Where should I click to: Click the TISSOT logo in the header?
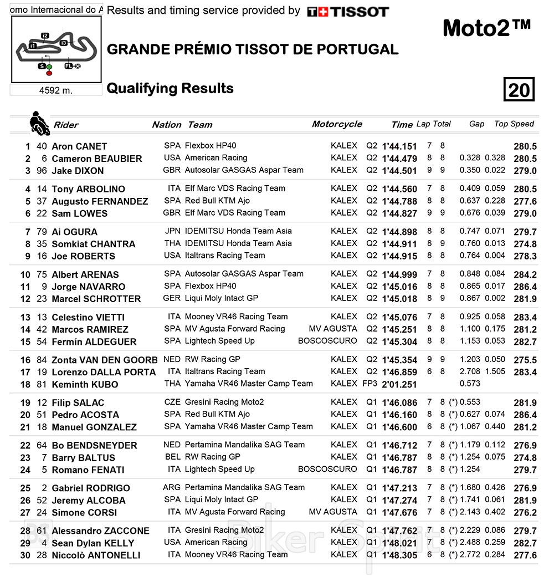(x=348, y=11)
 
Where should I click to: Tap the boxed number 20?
(x=519, y=89)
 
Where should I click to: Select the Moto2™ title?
(x=487, y=29)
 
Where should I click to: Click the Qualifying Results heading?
(x=170, y=89)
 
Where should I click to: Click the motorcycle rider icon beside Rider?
(x=39, y=123)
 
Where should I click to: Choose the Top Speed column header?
(x=514, y=124)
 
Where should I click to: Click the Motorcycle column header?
(x=337, y=124)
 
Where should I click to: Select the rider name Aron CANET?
(x=79, y=146)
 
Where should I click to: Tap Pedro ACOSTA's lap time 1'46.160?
(x=399, y=415)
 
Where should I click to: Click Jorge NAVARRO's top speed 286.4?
(x=525, y=287)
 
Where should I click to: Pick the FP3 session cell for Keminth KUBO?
(x=371, y=384)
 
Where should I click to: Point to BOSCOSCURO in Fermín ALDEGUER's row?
(x=327, y=341)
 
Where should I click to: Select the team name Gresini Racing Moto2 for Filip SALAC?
(x=224, y=402)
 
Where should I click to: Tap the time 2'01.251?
(x=399, y=384)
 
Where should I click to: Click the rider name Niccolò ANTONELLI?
(x=96, y=555)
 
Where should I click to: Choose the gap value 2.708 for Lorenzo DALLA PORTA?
(x=470, y=372)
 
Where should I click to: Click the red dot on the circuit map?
(x=49, y=73)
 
